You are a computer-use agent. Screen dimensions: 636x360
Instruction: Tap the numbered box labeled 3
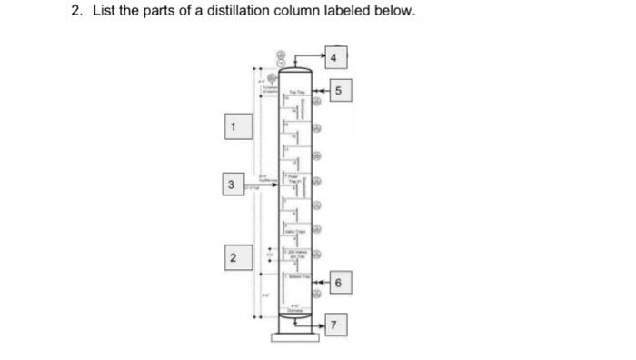pos(233,185)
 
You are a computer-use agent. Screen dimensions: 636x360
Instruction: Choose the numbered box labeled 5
pos(339,91)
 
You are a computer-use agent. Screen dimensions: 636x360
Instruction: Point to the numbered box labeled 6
pos(338,285)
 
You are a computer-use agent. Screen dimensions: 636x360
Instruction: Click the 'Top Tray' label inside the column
pos(297,93)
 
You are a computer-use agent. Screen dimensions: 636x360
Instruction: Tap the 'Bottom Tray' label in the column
pos(297,275)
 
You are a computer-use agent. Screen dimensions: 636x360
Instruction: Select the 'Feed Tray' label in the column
pos(293,177)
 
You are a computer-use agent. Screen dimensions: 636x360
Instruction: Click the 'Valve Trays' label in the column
pos(297,233)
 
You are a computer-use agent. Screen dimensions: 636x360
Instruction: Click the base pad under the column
pos(295,340)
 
